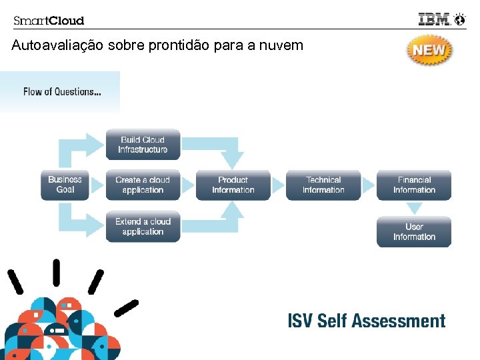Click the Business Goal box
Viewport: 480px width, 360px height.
[x=65, y=185]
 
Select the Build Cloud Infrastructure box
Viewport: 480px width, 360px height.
[x=143, y=145]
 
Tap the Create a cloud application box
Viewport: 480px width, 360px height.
[x=143, y=185]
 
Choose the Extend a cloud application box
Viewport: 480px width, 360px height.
[x=143, y=227]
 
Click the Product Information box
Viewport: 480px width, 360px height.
[x=233, y=185]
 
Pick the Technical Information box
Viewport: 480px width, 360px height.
[x=323, y=185]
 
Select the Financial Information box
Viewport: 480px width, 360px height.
[x=414, y=185]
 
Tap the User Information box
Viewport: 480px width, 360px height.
[x=414, y=232]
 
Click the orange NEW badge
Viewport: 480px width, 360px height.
[x=429, y=50]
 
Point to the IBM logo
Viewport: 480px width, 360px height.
[x=434, y=19]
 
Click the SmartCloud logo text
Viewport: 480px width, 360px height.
[x=49, y=21]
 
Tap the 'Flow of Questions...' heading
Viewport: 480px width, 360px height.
[x=62, y=92]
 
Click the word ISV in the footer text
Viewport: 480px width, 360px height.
[x=300, y=321]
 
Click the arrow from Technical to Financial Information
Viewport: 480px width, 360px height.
[x=369, y=185]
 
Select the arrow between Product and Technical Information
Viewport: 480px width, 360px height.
[x=278, y=185]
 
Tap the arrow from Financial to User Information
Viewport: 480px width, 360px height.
[x=414, y=208]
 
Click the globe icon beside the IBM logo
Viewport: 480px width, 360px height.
[x=460, y=19]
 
